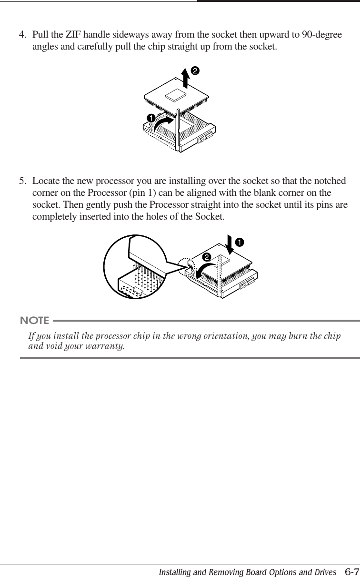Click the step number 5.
(x=21, y=182)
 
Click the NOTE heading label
(x=34, y=319)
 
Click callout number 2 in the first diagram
(x=195, y=71)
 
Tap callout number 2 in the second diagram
(x=207, y=257)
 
